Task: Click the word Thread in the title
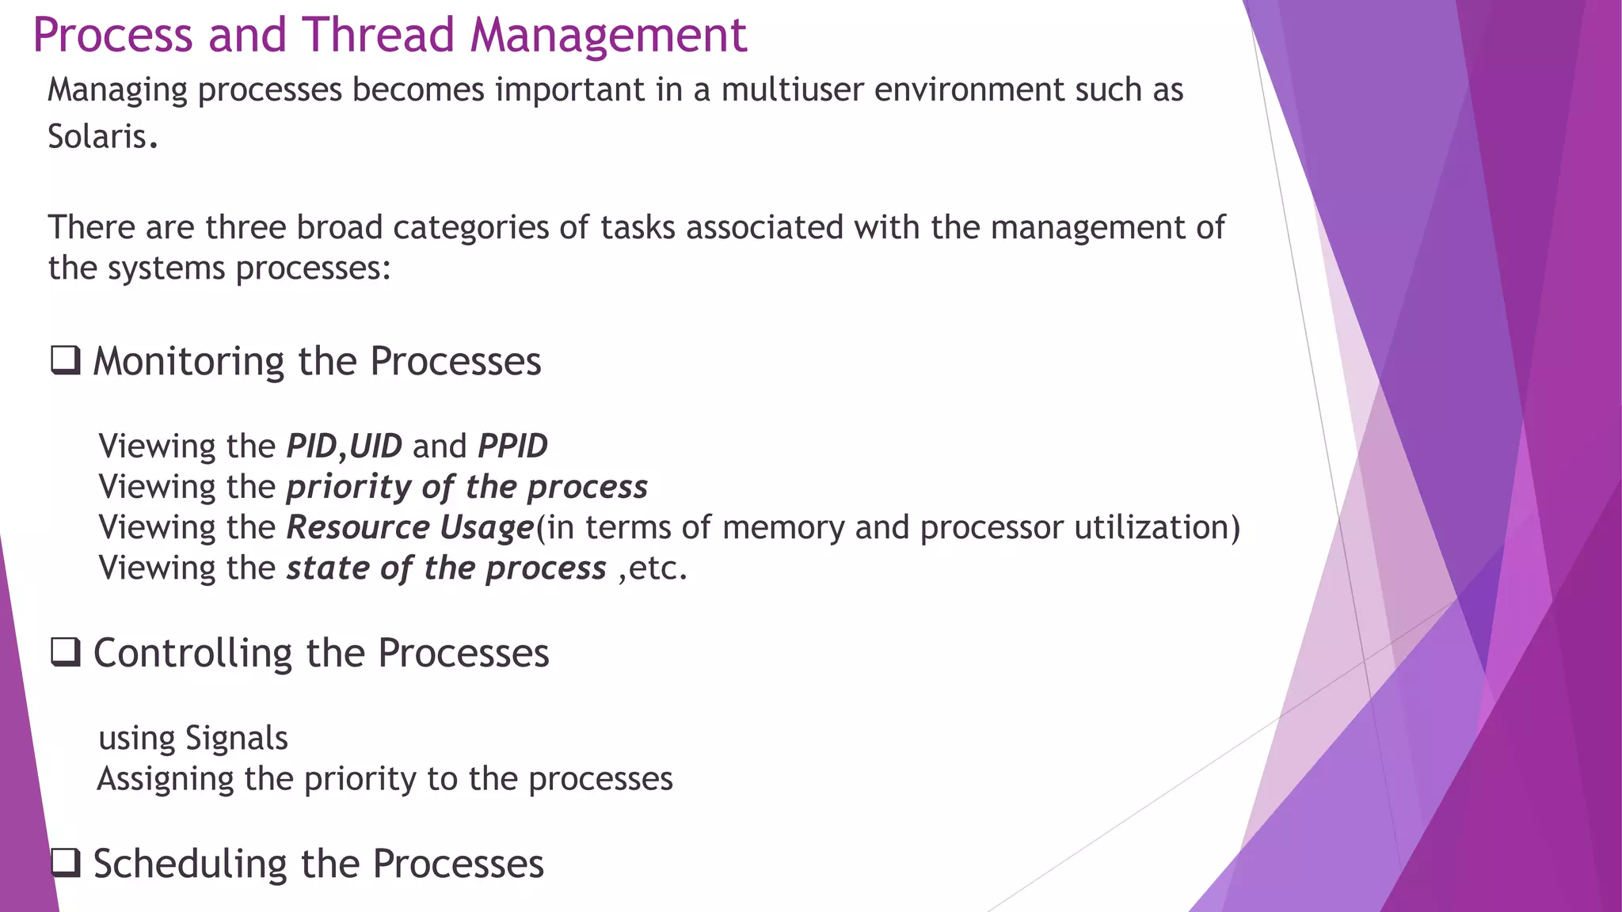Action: click(x=378, y=36)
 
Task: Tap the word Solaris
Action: click(x=97, y=137)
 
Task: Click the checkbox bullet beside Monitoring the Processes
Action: click(x=66, y=361)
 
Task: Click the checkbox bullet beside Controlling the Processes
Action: click(x=66, y=653)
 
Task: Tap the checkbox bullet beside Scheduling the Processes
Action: click(x=66, y=863)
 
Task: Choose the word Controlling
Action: click(x=193, y=654)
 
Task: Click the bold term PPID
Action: click(x=512, y=446)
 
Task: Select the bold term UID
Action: click(x=375, y=446)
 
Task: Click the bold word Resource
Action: click(x=358, y=527)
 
